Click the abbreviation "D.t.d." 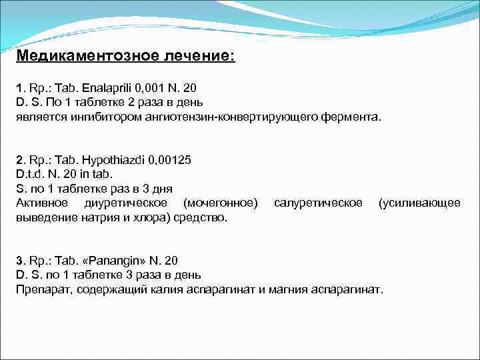click(x=29, y=175)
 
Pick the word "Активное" click(x=41, y=203)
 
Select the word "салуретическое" click(x=318, y=203)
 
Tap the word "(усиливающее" click(x=419, y=203)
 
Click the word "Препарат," click(x=41, y=289)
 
